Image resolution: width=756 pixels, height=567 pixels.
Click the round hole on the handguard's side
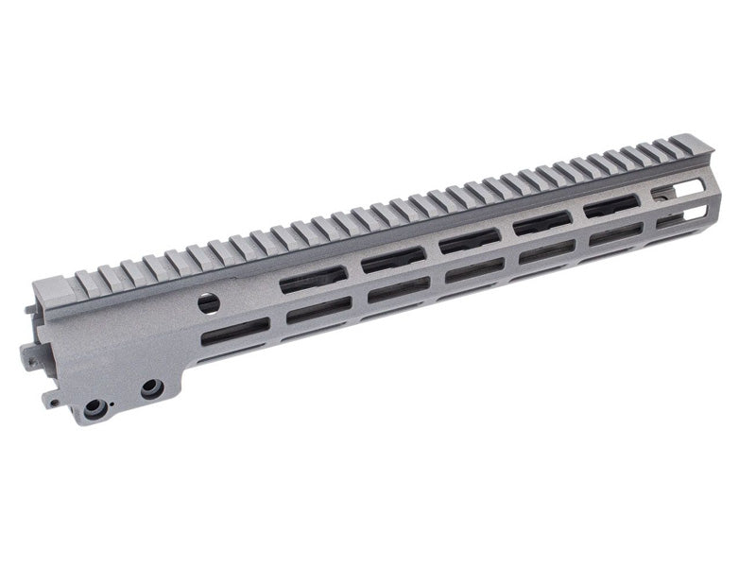[x=209, y=303]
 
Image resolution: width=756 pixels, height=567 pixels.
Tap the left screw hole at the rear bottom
[x=95, y=408]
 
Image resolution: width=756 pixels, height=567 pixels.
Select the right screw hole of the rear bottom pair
[x=150, y=388]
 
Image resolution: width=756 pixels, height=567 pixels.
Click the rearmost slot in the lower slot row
[x=235, y=331]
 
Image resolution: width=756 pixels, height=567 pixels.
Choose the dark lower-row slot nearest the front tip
[x=615, y=233]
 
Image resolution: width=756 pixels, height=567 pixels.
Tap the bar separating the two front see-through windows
[x=682, y=203]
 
